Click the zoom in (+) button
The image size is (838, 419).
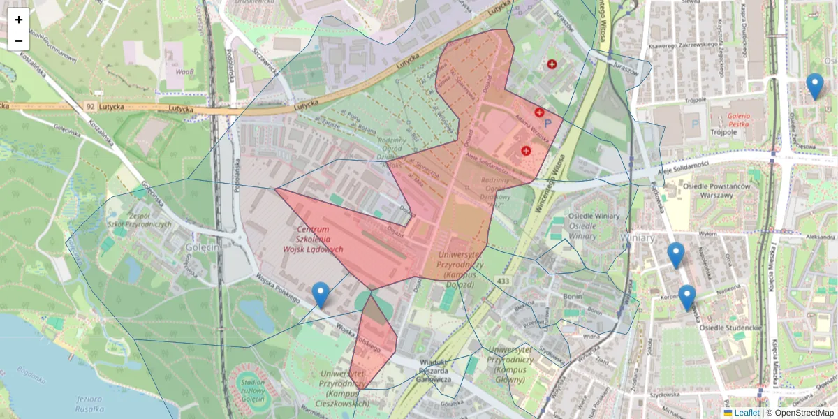point(19,19)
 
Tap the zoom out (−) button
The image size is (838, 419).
point(19,41)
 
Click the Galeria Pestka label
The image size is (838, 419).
point(742,120)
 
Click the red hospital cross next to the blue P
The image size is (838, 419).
point(539,112)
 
